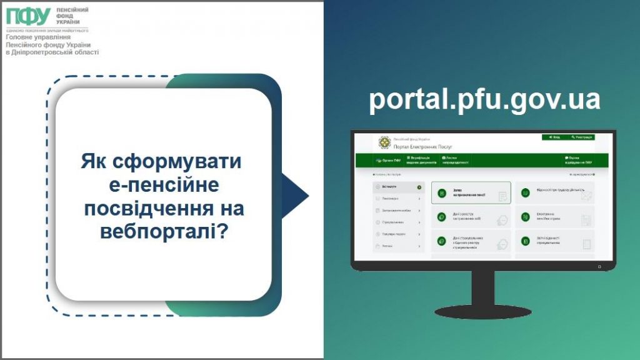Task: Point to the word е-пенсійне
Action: [x=164, y=185]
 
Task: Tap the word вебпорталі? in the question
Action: [x=164, y=231]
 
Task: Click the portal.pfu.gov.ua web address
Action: [x=484, y=100]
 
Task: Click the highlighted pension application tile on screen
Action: [x=471, y=193]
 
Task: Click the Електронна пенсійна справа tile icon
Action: [x=526, y=217]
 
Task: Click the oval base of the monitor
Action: [x=482, y=311]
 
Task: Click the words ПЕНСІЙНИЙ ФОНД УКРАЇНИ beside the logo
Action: [x=72, y=16]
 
